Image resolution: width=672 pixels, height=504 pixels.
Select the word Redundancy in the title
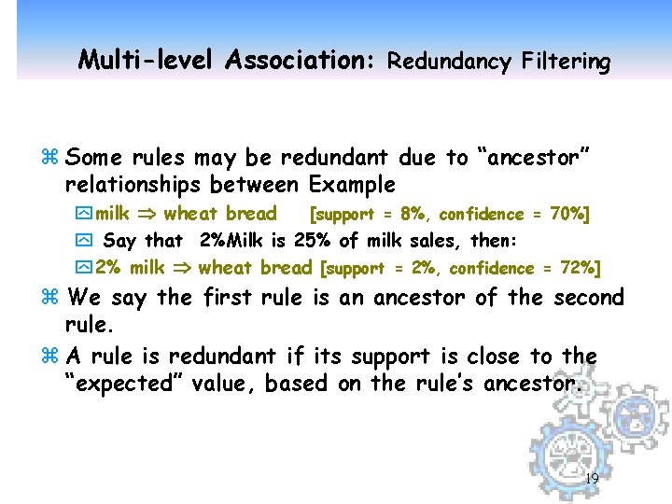[449, 63]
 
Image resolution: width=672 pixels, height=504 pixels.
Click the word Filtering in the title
[566, 63]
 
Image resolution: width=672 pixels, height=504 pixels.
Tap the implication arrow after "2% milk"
[182, 269]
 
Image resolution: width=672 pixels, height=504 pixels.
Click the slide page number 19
[590, 480]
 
